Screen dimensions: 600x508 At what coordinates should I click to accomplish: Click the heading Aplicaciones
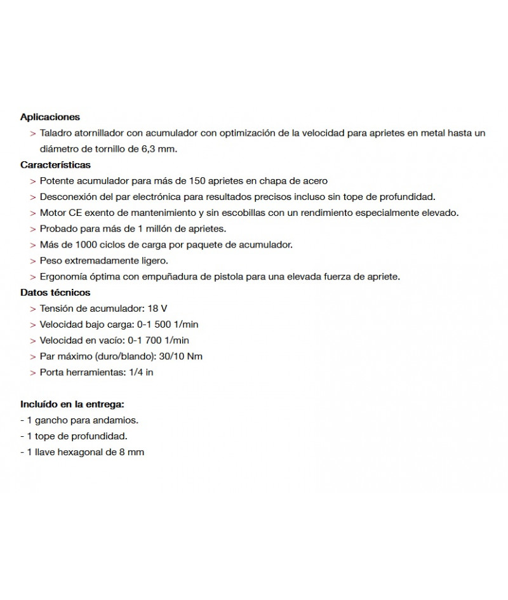50,117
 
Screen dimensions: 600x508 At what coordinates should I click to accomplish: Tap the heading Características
55,164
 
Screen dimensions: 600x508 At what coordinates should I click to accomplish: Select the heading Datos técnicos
55,293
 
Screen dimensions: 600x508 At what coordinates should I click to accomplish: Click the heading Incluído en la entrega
72,404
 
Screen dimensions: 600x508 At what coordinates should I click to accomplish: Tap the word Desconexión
67,197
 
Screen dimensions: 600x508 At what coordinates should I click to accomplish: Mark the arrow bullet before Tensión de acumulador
32,309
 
